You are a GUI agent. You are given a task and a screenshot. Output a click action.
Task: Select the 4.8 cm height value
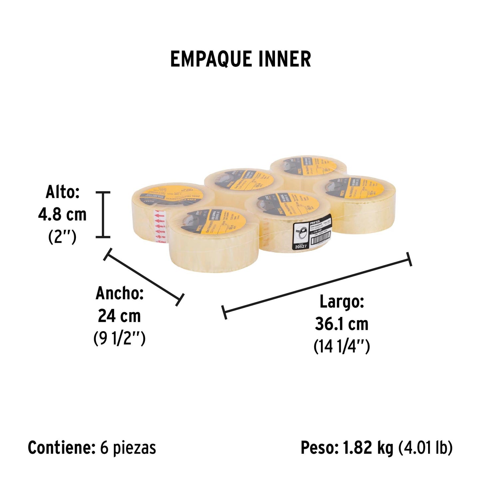coord(62,215)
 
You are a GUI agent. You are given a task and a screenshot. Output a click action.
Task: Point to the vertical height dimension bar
coord(103,215)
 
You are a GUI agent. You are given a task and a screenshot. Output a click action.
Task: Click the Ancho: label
coord(120,293)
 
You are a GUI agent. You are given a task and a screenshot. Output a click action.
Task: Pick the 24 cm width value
coord(119,316)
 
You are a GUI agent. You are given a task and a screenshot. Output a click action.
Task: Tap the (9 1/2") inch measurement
coord(119,339)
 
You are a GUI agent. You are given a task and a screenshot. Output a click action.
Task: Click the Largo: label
coord(342,302)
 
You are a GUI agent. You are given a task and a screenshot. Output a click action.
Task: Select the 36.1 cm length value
coord(342,324)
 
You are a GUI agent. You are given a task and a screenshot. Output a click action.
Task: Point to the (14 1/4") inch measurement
coord(342,347)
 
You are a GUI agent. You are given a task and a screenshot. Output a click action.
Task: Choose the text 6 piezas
coord(128,448)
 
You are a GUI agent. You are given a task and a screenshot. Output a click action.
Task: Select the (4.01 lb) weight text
coord(425,448)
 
